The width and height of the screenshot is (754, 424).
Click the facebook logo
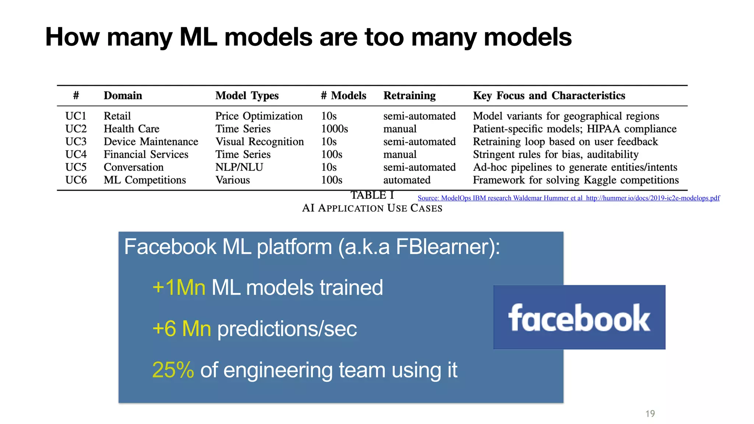click(579, 317)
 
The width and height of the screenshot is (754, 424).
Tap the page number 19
click(650, 414)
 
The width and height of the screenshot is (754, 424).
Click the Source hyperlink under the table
click(568, 198)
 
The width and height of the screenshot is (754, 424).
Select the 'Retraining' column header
click(409, 96)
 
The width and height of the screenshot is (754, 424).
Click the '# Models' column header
click(343, 96)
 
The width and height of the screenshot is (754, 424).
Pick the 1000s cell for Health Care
click(334, 129)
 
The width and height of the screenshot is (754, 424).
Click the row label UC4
click(76, 155)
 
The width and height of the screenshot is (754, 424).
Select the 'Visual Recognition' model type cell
click(260, 142)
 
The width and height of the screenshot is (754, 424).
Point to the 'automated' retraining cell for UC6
click(406, 180)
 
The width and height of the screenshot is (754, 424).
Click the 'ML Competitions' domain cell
click(145, 180)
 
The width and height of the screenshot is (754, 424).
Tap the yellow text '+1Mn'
click(179, 287)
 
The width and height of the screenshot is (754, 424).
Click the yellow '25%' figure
click(173, 370)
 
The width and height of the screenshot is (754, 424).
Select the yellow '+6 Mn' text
click(182, 329)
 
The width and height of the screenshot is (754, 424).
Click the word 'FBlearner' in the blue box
click(442, 247)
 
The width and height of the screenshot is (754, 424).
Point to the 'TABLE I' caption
click(372, 195)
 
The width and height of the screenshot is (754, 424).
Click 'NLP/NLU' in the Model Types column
click(239, 167)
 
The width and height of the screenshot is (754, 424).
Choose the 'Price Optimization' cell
click(259, 116)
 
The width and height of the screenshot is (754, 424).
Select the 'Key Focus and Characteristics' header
click(549, 96)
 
